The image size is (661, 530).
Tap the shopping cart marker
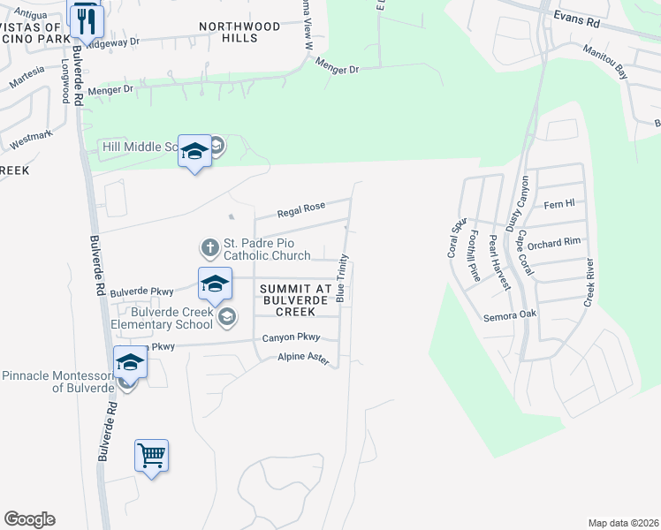(x=151, y=456)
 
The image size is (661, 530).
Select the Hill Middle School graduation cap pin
(x=194, y=151)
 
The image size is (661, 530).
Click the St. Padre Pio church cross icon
(x=209, y=246)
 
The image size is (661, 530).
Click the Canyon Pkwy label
(x=290, y=338)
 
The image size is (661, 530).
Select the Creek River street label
(x=590, y=284)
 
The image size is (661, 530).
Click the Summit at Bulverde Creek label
(x=295, y=299)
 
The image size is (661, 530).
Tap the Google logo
(x=30, y=519)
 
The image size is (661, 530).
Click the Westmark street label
(x=31, y=139)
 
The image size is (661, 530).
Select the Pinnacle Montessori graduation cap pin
(x=129, y=362)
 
